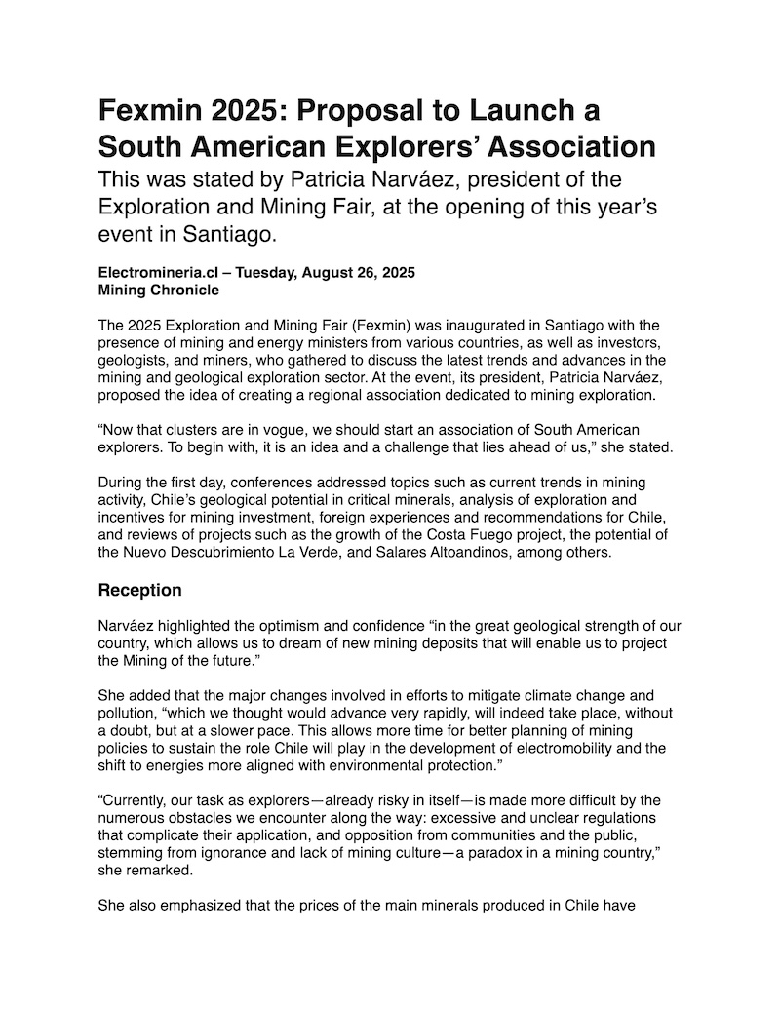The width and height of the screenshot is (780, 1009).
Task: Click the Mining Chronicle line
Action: (x=159, y=290)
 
